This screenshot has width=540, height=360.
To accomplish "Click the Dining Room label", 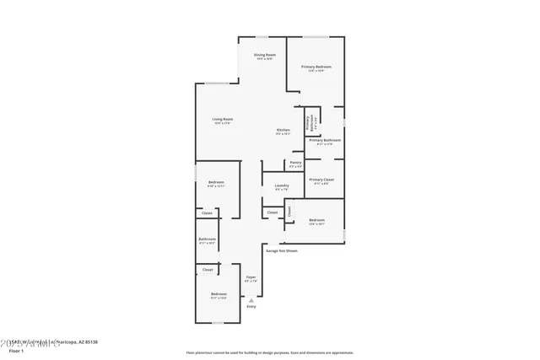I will coord(265,56).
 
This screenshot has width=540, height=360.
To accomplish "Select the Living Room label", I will coord(223,121).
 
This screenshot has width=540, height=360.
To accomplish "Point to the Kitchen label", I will coord(283,131).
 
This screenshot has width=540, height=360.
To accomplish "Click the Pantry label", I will coord(295,164).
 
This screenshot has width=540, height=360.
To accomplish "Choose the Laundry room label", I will coord(282,187).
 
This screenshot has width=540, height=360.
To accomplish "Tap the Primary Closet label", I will coord(321,181).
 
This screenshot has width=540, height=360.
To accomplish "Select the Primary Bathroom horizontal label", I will coord(325,142).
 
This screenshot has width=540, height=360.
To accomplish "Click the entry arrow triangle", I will coord(251,299).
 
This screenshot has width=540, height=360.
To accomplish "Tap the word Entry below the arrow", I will coord(251,307).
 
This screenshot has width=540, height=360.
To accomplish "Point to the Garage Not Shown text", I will coord(282,250).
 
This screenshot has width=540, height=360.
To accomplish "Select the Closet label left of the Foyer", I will coord(208,270).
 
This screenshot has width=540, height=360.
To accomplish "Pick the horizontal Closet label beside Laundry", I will coord(273,212).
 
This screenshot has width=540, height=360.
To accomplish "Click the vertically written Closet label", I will coord(289,212).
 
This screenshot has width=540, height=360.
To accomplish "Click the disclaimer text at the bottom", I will coord(270,352).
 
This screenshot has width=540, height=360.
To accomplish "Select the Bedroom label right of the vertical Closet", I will coord(316,222).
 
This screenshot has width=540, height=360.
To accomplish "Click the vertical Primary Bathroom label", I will coord(309,123).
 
